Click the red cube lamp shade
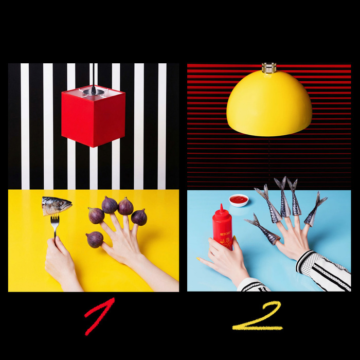[93, 117]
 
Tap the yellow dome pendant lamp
[269, 103]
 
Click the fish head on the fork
[57, 206]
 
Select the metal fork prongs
[55, 220]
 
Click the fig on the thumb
[95, 240]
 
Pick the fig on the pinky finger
[139, 217]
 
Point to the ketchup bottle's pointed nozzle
[222, 208]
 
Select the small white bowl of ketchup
[239, 200]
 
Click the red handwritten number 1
[99, 316]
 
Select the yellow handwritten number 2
[258, 316]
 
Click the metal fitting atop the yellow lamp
[269, 68]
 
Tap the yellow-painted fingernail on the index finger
[198, 259]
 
